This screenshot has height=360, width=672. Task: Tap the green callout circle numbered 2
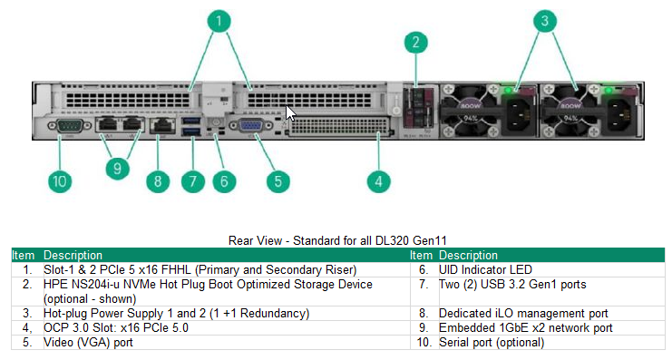(414, 41)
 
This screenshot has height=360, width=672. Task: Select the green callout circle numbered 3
(543, 20)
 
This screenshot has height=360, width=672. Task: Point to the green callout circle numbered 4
(379, 181)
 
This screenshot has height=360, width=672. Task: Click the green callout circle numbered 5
(278, 181)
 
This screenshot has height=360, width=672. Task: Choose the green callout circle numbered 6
(223, 181)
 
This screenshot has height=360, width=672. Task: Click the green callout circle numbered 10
(60, 181)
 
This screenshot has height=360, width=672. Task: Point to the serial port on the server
(68, 129)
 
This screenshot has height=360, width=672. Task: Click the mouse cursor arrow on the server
(290, 113)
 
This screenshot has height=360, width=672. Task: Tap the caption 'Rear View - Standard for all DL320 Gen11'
(336, 241)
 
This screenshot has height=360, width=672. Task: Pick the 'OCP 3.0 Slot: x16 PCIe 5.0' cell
(116, 328)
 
